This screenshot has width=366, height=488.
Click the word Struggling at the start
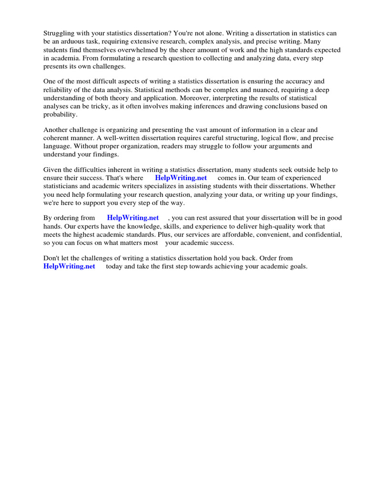pos(60,33)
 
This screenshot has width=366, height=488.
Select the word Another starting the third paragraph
pos(56,130)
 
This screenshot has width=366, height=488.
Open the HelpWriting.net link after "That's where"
pos(181,178)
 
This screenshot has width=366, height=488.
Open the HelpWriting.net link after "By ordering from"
pos(132,218)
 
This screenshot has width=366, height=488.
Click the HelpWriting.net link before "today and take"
pos(69,266)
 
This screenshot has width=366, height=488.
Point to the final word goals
pos(297,266)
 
